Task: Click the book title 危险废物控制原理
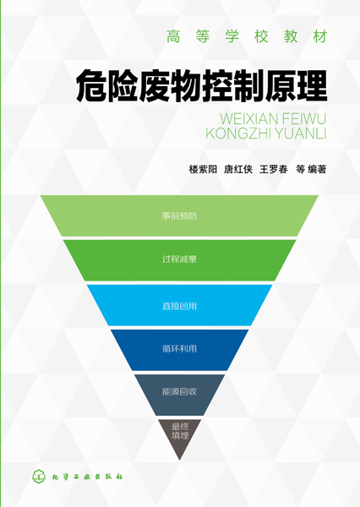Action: pos(201,86)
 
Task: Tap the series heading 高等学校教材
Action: pos(247,36)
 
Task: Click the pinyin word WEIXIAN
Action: pos(248,119)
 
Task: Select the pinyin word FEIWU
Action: pos(304,119)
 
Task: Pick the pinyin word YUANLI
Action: pos(298,134)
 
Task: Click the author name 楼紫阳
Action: pos(203,169)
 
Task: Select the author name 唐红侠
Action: pos(238,169)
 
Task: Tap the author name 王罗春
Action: pos(273,169)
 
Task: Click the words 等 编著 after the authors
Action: pos(311,169)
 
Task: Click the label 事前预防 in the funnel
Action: pos(179,216)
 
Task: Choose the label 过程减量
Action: pos(179,259)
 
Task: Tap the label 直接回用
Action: pos(179,306)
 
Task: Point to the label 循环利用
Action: pos(179,348)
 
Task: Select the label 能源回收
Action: pos(179,391)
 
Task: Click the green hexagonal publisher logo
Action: pos(39,477)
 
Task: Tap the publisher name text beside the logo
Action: pos(87,477)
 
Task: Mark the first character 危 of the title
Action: pos(91,86)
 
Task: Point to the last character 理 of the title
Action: pos(312,86)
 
